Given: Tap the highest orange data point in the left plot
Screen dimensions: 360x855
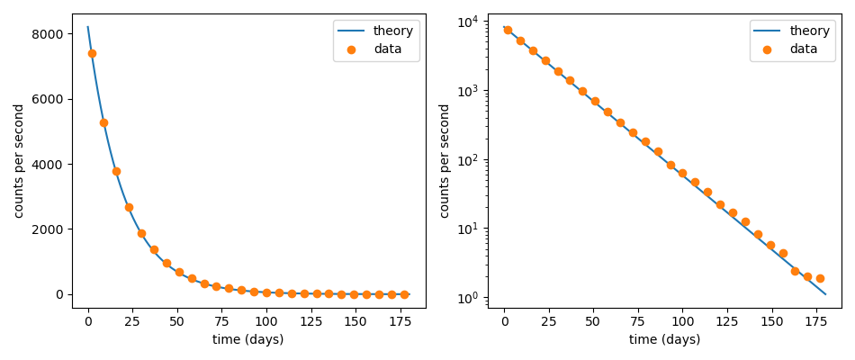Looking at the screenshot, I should tap(92, 53).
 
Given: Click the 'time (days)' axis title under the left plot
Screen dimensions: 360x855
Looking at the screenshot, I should tap(247, 340).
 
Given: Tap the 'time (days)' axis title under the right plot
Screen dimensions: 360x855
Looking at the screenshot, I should tap(664, 340).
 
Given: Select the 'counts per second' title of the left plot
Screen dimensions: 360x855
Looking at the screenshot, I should tap(20, 160).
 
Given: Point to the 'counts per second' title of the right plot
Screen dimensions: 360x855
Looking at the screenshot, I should tap(445, 160).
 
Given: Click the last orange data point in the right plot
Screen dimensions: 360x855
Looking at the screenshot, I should tap(820, 278).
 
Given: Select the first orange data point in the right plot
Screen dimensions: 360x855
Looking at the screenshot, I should tap(508, 30).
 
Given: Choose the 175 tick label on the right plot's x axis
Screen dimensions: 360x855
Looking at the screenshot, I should tap(816, 321).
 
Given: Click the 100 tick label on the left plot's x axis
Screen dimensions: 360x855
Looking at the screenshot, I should tap(266, 321).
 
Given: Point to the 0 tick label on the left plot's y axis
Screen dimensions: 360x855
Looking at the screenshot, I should tap(59, 294).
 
